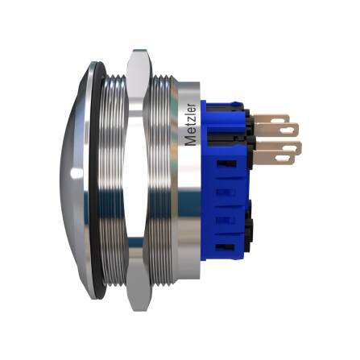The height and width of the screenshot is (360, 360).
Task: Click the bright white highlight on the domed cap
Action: tap(73, 173)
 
